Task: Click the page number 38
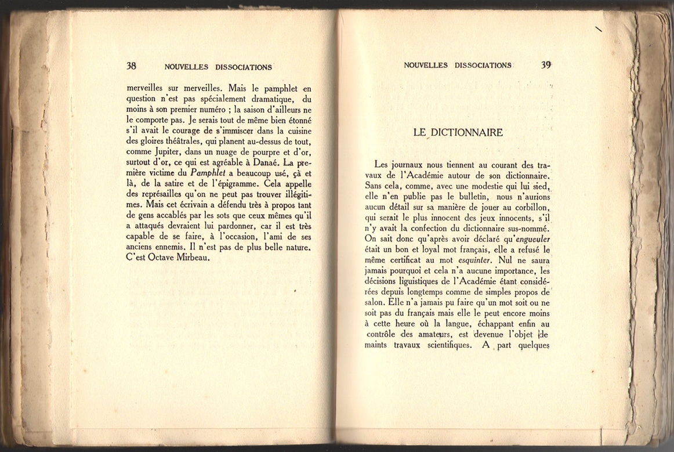[x=132, y=66]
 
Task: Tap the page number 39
[x=545, y=65]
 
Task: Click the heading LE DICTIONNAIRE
[x=458, y=132]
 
